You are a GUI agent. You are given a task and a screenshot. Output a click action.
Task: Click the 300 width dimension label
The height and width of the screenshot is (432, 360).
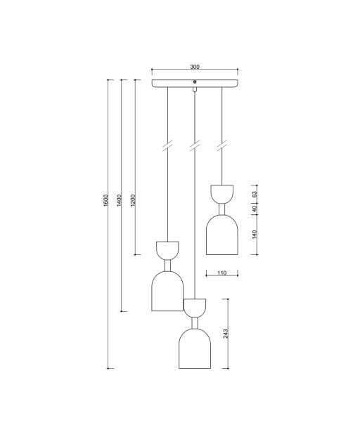pyautogui.click(x=195, y=67)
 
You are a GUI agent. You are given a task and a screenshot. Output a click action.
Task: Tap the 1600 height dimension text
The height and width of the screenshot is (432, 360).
pyautogui.click(x=106, y=200)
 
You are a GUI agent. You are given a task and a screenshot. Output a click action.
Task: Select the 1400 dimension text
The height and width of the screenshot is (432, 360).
pyautogui.click(x=119, y=200)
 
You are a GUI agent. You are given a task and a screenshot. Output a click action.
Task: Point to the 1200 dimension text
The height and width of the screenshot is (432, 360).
pyautogui.click(x=133, y=200)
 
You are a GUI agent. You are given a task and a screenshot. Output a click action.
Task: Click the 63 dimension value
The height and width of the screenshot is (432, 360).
pyautogui.click(x=255, y=195)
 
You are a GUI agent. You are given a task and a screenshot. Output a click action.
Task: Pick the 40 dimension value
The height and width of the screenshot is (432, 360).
pyautogui.click(x=255, y=209)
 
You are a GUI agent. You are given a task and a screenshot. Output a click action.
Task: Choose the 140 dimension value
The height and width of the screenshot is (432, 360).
pyautogui.click(x=255, y=235)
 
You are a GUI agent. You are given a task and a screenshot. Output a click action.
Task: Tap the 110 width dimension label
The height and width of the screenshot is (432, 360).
pyautogui.click(x=221, y=273)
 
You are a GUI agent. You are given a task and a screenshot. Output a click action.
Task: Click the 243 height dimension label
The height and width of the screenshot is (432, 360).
pyautogui.click(x=226, y=334)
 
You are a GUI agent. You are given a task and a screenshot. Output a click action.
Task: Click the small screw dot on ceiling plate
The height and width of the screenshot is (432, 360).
pyautogui.click(x=195, y=81)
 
